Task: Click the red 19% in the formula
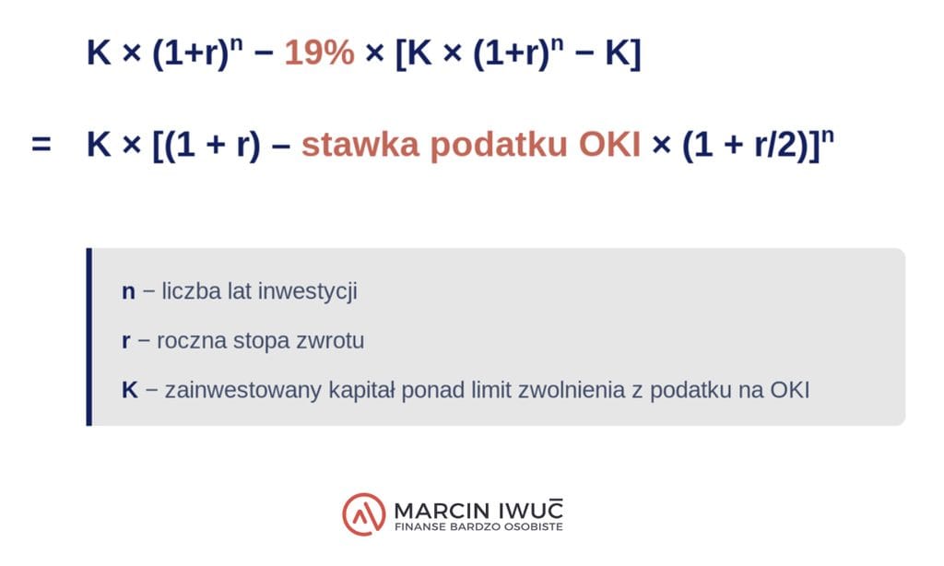point(319,53)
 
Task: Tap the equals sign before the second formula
point(41,145)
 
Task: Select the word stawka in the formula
point(360,145)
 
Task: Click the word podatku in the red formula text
point(499,145)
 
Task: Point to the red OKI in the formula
point(610,145)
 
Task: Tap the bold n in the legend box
point(128,292)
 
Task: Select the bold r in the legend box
point(125,341)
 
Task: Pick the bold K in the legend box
point(129,390)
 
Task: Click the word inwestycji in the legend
point(307,291)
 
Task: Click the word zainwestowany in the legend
point(243,390)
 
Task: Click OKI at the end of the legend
point(790,390)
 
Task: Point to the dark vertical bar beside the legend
point(89,336)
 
